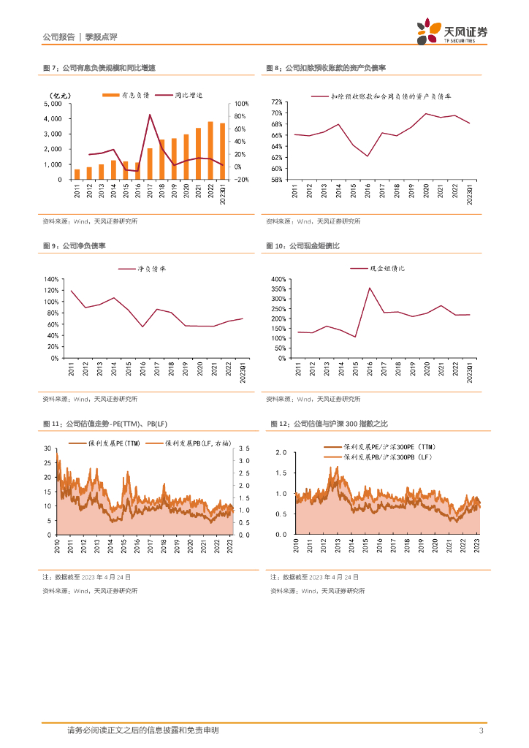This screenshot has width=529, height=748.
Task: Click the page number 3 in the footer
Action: click(x=481, y=730)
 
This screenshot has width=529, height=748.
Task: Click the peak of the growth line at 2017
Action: click(x=150, y=115)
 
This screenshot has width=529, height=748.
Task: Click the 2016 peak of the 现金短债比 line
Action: click(x=370, y=288)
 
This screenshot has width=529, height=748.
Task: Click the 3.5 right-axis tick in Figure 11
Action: click(x=244, y=448)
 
